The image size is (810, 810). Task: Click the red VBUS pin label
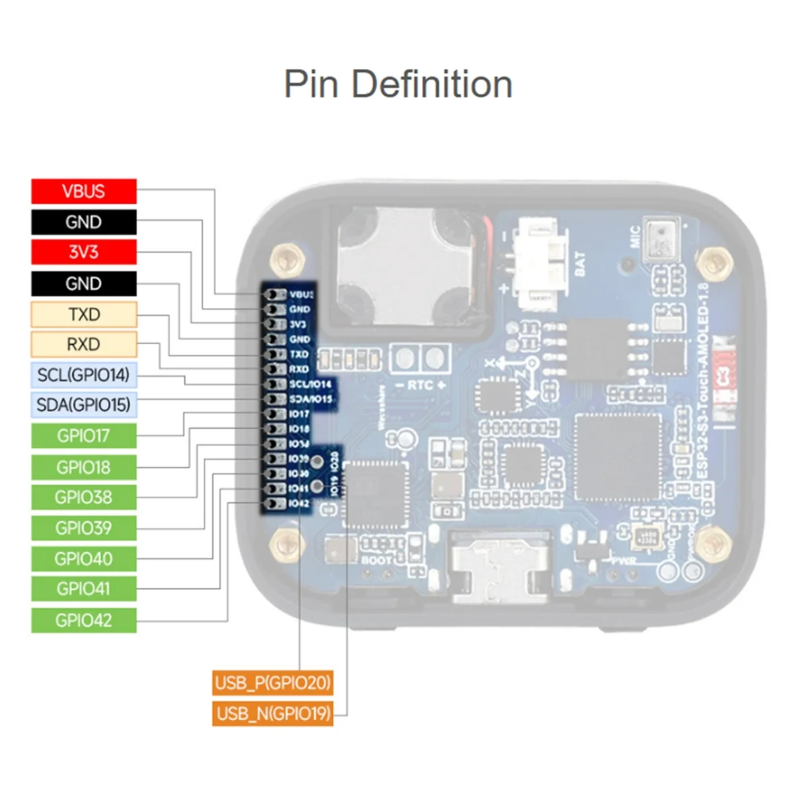pos(84,191)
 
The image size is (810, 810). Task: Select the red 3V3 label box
pos(84,252)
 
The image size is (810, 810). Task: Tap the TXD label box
pos(84,315)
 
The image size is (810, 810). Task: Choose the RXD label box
pos(84,345)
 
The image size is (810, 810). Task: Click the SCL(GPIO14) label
pos(84,375)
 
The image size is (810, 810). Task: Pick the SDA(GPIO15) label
pos(84,405)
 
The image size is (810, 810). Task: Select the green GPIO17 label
pos(84,436)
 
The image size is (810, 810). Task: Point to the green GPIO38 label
pos(84,497)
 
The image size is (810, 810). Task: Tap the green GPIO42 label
pos(84,620)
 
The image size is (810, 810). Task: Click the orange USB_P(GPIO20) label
pos(273,683)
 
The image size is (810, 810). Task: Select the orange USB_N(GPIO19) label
pos(273,713)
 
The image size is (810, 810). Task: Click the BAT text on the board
pos(580,264)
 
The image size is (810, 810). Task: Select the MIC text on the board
pos(634,237)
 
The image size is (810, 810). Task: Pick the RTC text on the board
pos(419,385)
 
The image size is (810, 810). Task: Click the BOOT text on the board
pos(376,560)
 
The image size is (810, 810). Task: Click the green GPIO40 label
pos(84,559)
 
